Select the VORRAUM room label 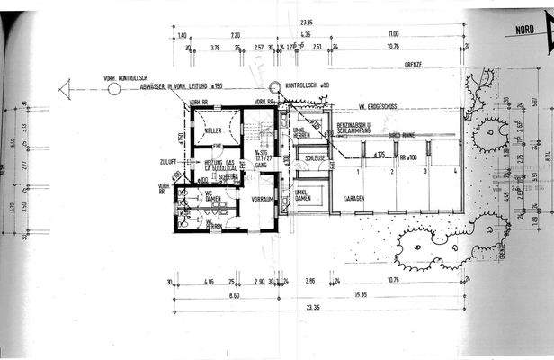pos(262,198)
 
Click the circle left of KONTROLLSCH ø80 pos(274,86)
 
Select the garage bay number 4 pos(456,170)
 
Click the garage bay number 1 pos(357,170)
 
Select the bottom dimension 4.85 pos(210,282)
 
